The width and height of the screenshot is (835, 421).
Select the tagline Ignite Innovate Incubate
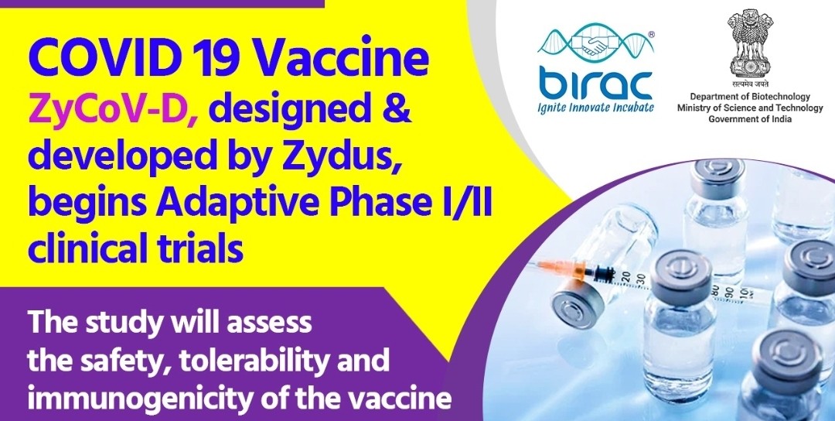pyautogui.click(x=595, y=107)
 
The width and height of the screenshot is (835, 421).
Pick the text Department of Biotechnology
pyautogui.click(x=750, y=97)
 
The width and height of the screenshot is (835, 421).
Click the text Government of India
pyautogui.click(x=750, y=118)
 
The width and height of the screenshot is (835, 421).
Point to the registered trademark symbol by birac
pyautogui.click(x=651, y=33)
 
